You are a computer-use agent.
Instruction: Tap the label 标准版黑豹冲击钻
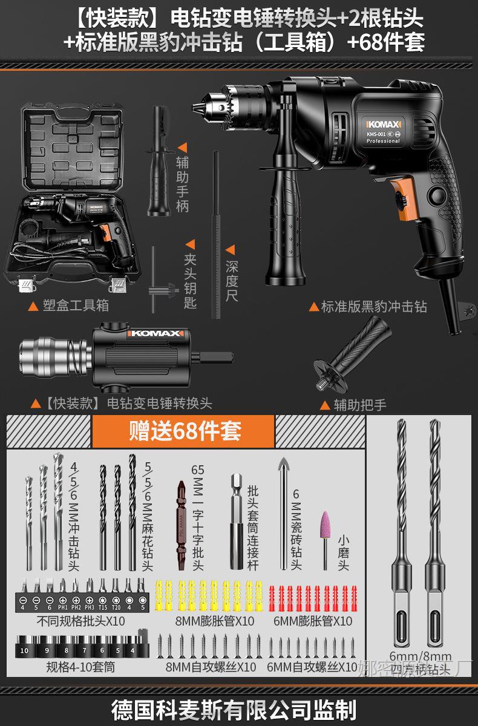tap(373, 307)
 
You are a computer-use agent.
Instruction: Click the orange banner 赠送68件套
tap(184, 431)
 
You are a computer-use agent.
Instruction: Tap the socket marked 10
tap(24, 650)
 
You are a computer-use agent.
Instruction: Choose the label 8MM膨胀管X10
tap(206, 621)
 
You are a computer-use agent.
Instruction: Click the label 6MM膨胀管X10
tap(312, 621)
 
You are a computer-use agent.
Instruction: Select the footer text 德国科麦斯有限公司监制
tap(238, 708)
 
